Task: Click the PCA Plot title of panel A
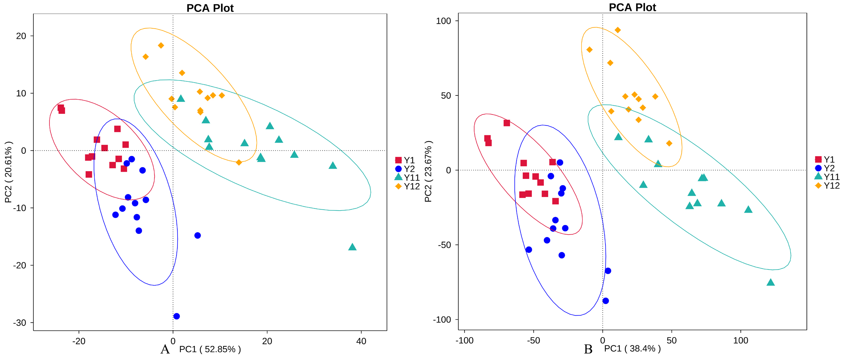(x=210, y=8)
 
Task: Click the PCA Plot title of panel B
(x=632, y=7)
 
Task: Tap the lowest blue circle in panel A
(x=176, y=316)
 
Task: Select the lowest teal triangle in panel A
(x=352, y=247)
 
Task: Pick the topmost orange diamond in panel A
(x=161, y=46)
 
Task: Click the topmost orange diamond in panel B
(x=618, y=30)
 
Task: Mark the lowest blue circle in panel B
(x=606, y=301)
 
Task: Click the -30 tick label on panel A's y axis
(x=20, y=323)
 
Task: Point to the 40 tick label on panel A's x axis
(x=361, y=341)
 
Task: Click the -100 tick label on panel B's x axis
(x=465, y=341)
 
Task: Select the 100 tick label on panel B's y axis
(x=443, y=21)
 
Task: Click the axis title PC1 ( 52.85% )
(x=210, y=349)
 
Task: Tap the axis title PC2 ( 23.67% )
(x=428, y=171)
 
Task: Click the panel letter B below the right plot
(x=588, y=349)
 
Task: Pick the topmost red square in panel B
(x=507, y=123)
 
